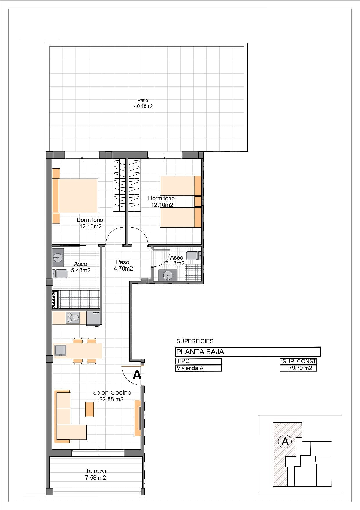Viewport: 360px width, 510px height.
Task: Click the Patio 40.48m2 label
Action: (143, 103)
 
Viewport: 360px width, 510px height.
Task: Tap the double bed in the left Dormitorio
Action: (75, 196)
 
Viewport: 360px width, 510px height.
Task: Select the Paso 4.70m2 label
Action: (123, 265)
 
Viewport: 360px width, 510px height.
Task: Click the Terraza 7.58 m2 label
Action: (96, 474)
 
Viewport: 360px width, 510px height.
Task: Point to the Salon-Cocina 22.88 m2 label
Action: (112, 396)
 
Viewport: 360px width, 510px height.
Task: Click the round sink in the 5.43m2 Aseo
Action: (58, 257)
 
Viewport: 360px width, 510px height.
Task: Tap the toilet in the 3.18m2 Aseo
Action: (193, 255)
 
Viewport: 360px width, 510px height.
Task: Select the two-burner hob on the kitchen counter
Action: (73, 318)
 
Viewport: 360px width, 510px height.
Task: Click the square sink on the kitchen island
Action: (60, 350)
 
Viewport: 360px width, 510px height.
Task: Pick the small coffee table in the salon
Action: (89, 409)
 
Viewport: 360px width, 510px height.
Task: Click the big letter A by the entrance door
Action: (137, 375)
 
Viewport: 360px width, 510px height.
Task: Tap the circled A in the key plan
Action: (285, 441)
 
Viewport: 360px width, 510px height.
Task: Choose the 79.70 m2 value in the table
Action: (298, 368)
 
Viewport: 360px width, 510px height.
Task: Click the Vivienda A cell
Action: (199, 368)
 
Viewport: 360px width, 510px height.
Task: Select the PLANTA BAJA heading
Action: (200, 352)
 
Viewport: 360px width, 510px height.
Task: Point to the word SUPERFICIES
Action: (195, 341)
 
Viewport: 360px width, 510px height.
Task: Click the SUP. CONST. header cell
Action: (298, 362)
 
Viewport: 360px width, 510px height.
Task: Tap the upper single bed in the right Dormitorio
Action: (181, 185)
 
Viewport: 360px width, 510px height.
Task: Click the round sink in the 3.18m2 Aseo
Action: (168, 275)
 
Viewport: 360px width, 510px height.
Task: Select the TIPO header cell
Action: (199, 361)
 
